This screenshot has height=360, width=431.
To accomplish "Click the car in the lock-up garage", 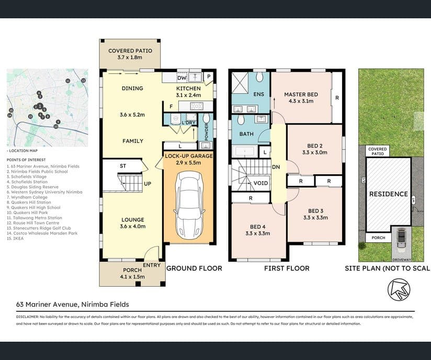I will [188, 204].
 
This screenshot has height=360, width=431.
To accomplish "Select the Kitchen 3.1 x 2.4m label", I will [188, 92].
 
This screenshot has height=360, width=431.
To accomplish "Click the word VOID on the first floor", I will [261, 183].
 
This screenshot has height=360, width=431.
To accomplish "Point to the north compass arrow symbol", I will [399, 289].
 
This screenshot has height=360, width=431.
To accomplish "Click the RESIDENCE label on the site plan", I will [389, 194].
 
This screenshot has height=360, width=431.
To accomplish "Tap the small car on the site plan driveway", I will [401, 239].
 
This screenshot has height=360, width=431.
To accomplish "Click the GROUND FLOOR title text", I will [194, 268].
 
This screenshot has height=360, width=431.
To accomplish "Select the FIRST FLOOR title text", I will [287, 268].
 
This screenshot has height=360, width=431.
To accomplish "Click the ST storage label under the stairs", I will [123, 166].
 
